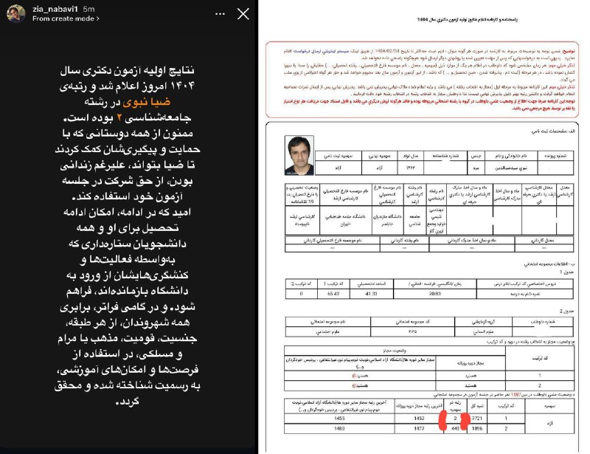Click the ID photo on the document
tap(298, 155)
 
